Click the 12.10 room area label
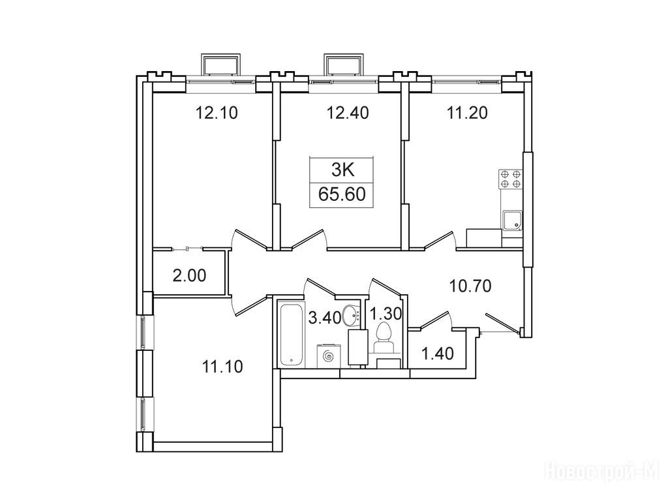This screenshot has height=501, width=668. click(216, 114)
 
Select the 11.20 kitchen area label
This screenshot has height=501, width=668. click(467, 114)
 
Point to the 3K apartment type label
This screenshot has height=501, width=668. click(343, 171)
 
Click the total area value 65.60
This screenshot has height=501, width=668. click(342, 194)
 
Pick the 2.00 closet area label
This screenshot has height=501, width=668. click(189, 276)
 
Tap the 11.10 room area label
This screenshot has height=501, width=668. click(222, 367)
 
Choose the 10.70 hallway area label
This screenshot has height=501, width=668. click(471, 286)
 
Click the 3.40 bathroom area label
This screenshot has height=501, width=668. click(325, 318)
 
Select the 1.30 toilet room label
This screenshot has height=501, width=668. click(385, 314)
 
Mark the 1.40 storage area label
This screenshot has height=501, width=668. click(438, 354)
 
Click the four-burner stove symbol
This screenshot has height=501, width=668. click(511, 179)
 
